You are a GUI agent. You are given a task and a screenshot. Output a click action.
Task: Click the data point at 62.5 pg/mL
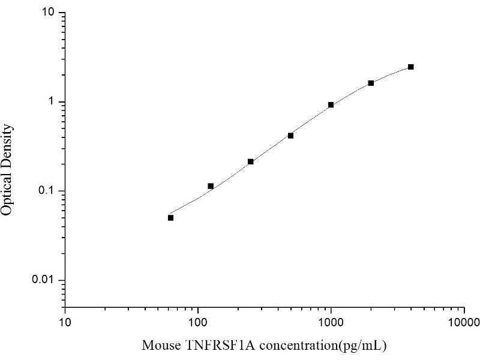point(170,218)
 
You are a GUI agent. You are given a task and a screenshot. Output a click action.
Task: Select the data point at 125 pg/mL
point(211,186)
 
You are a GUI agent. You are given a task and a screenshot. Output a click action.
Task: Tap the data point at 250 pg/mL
point(251,161)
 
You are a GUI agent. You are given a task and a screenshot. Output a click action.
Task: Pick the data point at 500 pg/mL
point(290,136)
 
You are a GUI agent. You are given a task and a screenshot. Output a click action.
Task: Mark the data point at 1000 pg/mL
point(331,105)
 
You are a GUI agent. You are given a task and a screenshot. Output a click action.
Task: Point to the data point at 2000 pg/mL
point(371,83)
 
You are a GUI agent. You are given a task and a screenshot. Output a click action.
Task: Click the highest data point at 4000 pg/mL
point(410,67)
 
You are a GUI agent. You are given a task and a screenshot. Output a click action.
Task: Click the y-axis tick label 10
point(50,13)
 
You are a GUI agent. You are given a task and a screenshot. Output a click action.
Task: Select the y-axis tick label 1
point(53,102)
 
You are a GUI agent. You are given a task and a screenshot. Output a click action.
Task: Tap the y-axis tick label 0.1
point(49,191)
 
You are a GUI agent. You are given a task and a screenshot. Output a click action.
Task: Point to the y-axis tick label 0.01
point(46,280)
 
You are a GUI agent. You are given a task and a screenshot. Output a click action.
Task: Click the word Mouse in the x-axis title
point(159,345)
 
